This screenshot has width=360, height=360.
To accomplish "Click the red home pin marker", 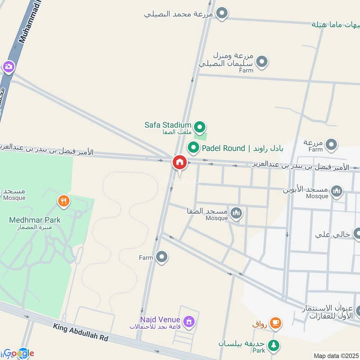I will [x=180, y=162].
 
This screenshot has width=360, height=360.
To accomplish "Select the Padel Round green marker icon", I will [x=193, y=147].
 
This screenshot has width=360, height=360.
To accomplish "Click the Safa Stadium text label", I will [x=168, y=125].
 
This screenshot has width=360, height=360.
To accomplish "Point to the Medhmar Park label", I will [x=35, y=220].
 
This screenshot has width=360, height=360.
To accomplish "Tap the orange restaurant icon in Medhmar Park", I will [x=63, y=201].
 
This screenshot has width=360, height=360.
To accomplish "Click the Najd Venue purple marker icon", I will [x=189, y=321].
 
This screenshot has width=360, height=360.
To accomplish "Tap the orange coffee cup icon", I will [x=276, y=323].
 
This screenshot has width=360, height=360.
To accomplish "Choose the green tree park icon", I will [x=273, y=346].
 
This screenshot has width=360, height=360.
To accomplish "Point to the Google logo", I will [x=18, y=353].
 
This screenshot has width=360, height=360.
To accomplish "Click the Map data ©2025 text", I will [x=336, y=355].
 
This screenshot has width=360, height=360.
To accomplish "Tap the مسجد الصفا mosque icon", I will [x=236, y=213].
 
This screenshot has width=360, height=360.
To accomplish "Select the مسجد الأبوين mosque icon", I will [x=336, y=192].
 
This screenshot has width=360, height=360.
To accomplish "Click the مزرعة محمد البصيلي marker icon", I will [x=221, y=13].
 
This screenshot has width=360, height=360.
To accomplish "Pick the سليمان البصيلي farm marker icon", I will [x=261, y=62].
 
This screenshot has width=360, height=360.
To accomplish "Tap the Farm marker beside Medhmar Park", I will [x=162, y=257].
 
